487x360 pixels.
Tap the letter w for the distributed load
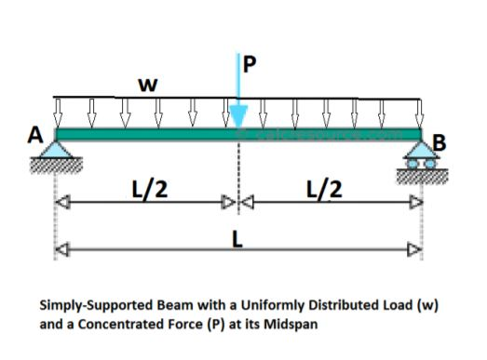click(x=145, y=85)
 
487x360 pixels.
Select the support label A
click(x=35, y=136)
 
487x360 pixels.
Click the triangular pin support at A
click(x=58, y=150)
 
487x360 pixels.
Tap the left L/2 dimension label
click(x=148, y=190)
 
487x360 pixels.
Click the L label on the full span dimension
click(x=238, y=238)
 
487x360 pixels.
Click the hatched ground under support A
click(x=58, y=165)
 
